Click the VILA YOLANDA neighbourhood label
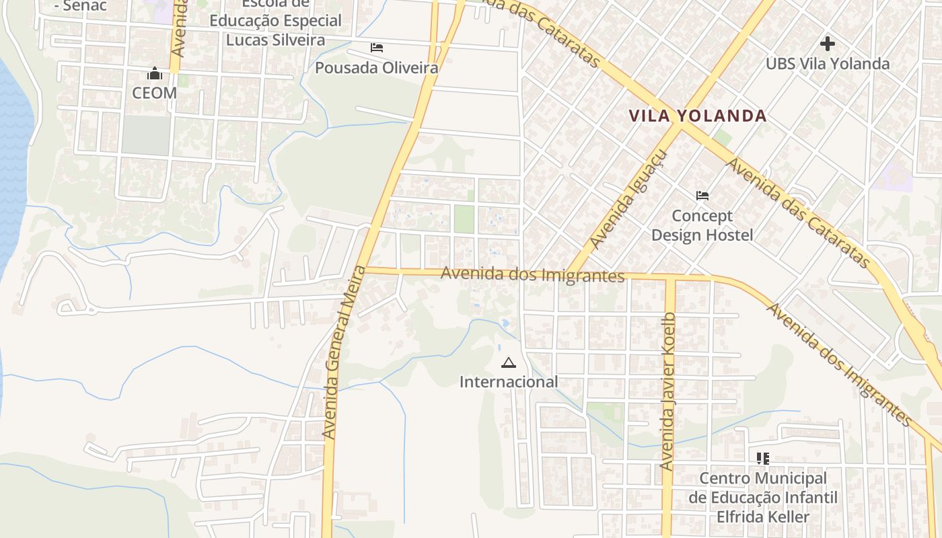coord(698,116)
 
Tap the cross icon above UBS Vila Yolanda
coord(828,44)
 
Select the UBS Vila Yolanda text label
coord(828,64)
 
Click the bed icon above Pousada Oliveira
coord(377,48)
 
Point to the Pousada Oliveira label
coord(377,68)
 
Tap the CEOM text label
coord(154,93)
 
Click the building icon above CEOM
coord(155,73)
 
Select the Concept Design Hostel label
coord(702,225)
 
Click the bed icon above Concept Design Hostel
coord(702,196)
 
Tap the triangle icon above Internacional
coord(509,363)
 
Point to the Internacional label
coord(509,382)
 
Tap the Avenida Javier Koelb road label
coord(667,391)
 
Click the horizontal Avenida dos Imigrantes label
coord(533,275)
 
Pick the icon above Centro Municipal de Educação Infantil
coord(762,459)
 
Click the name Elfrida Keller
coord(762,517)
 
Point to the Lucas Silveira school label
coord(275,40)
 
